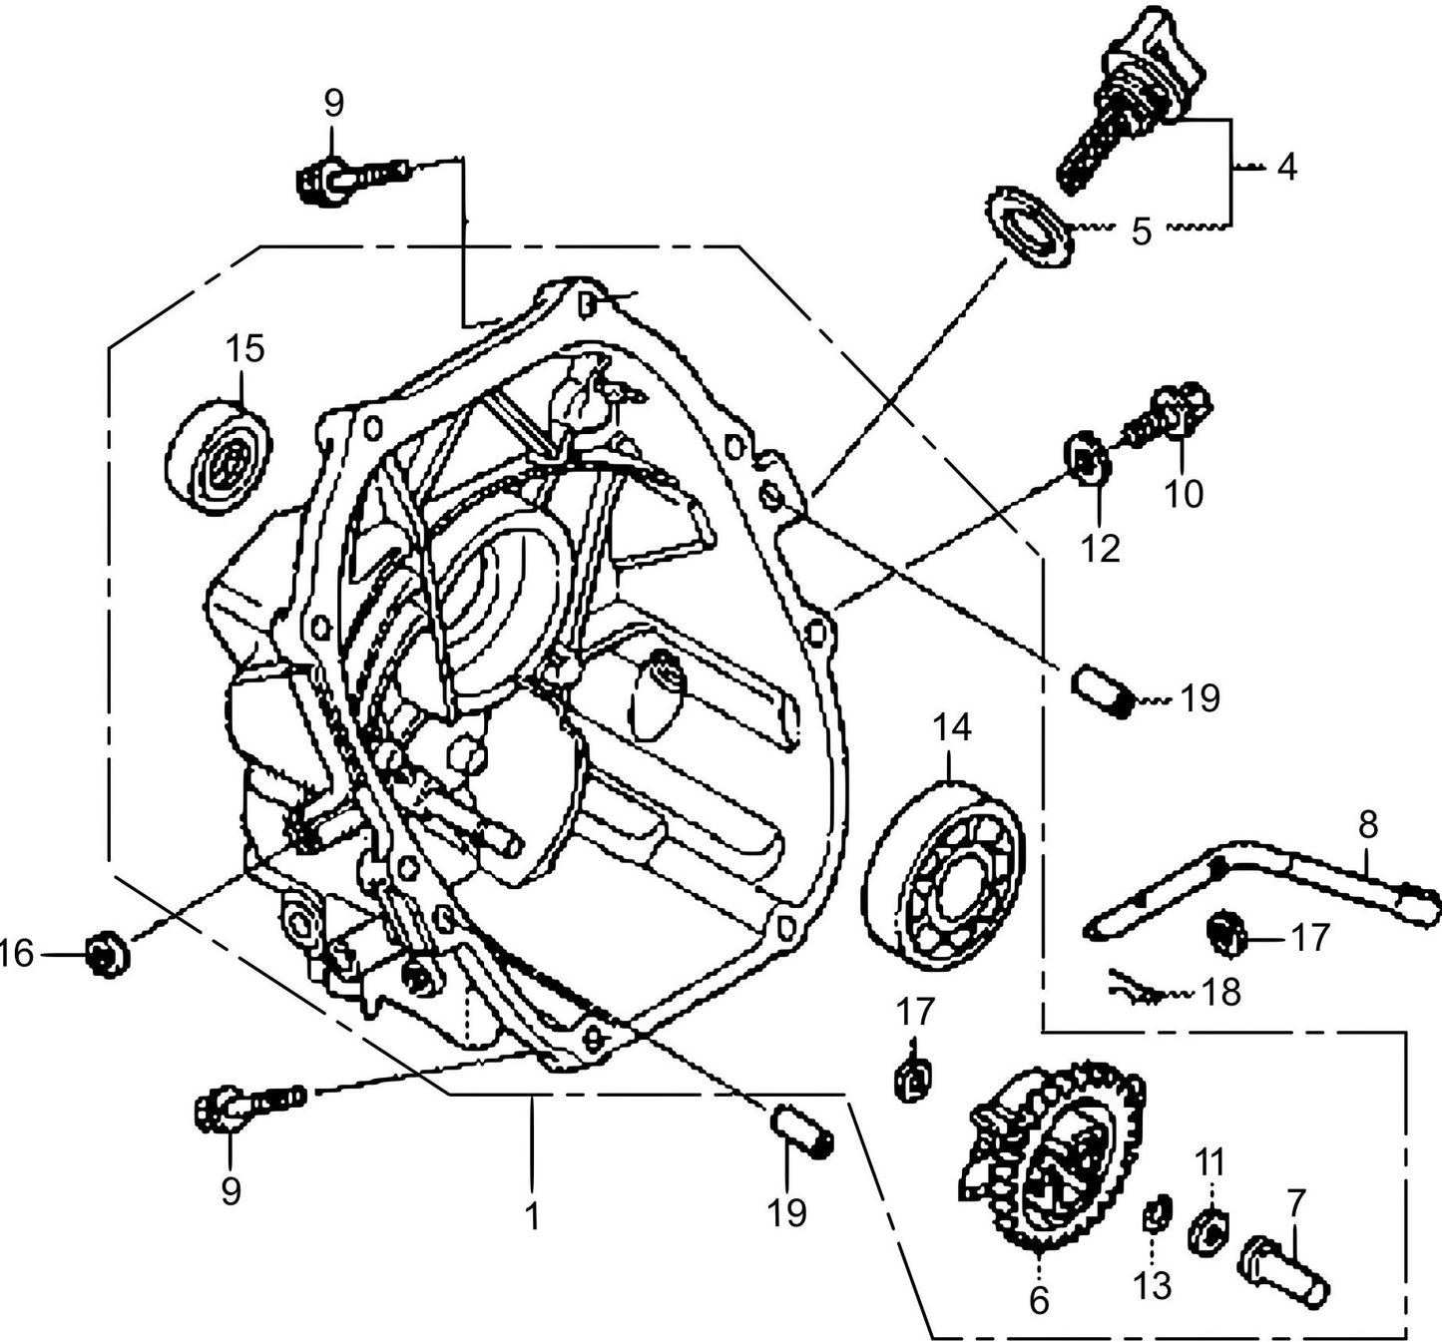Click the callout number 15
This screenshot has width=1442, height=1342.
(244, 349)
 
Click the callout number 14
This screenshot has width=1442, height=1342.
(952, 727)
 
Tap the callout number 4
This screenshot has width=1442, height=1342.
(1287, 168)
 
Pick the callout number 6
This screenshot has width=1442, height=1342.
(1039, 1300)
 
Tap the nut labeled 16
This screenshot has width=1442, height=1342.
(106, 955)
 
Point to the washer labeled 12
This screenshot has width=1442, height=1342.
(1088, 460)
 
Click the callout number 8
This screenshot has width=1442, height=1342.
(1367, 824)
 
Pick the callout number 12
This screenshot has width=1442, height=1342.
(1101, 548)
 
